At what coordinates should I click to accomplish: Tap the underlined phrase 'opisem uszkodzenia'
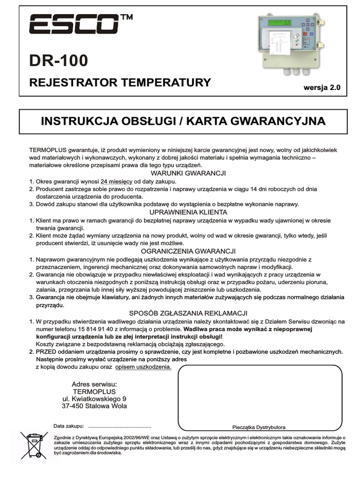[x=143, y=367]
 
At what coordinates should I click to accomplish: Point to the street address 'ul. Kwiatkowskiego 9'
[x=94, y=399]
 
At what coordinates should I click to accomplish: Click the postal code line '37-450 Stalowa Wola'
[x=94, y=406]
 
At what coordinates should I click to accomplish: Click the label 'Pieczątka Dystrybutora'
[x=259, y=427]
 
